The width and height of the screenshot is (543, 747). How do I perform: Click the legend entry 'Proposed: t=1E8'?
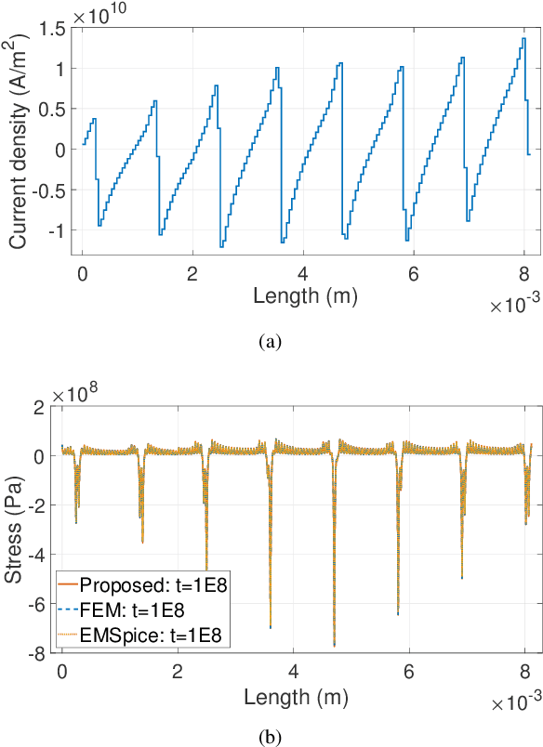click(139, 585)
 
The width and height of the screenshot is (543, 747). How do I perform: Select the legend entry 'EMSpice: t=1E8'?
click(139, 635)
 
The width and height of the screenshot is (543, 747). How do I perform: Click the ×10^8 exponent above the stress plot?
click(80, 395)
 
